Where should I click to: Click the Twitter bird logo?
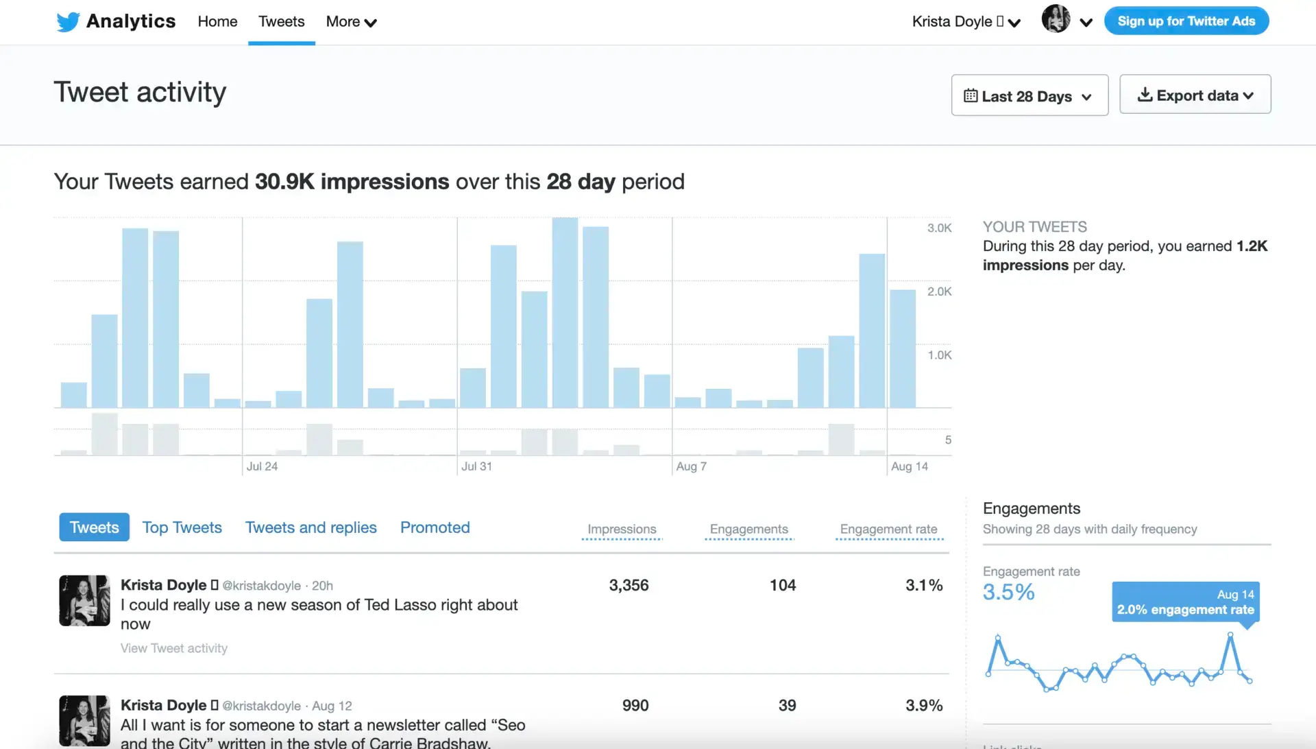coord(68,22)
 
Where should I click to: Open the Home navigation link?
coord(217,21)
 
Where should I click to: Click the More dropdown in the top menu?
coord(351,22)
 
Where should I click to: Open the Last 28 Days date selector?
coord(1029,96)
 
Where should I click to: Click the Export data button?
coord(1195,95)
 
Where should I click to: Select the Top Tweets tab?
coord(182,527)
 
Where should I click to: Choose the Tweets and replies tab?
coord(310,527)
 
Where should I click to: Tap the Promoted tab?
coord(435,527)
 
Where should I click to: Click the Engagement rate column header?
coord(888,530)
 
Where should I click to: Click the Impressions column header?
coord(622,530)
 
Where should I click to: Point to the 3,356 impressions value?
coord(629,585)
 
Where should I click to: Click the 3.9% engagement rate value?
coord(924,705)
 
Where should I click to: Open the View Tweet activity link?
coord(174,648)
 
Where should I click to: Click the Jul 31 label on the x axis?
coord(476,466)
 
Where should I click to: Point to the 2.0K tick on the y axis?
coord(939,292)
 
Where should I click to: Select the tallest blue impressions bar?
coord(565,313)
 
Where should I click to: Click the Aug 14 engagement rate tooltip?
coord(1185,602)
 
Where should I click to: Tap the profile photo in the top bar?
coord(1056,19)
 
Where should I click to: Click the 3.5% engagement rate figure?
coord(1008,592)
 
